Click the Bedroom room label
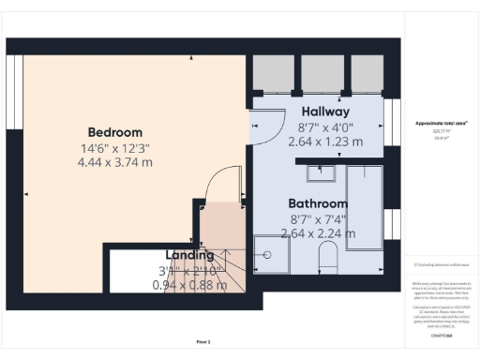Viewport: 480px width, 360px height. [x=115, y=132]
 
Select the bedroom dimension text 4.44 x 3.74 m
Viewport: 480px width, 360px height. [x=115, y=162]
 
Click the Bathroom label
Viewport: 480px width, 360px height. [x=318, y=203]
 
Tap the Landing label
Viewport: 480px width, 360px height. [x=190, y=255]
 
